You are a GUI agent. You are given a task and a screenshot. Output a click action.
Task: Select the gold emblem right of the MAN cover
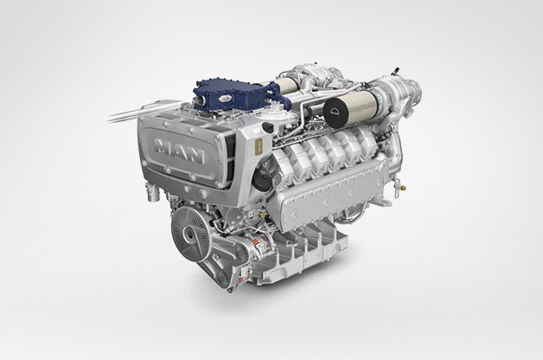(x=259, y=141)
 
